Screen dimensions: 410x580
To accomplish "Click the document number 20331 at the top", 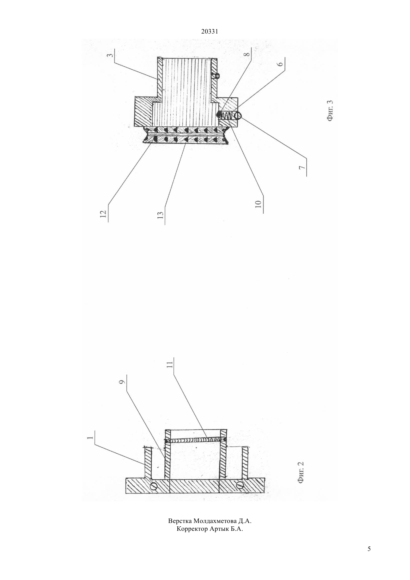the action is (x=209, y=32).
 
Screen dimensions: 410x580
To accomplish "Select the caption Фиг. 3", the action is (x=330, y=111).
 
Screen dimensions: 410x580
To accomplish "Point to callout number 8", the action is (x=247, y=54).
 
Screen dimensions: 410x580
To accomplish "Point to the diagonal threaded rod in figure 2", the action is (x=196, y=440).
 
